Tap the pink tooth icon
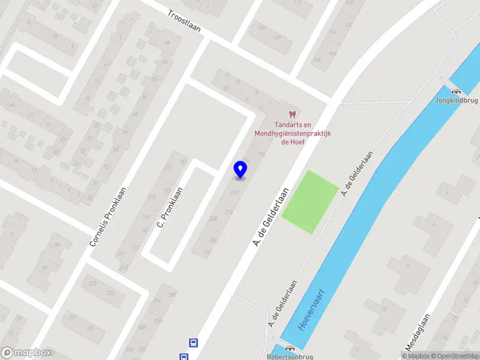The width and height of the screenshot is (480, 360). coord(293,114)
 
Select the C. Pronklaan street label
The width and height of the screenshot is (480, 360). coord(170,207)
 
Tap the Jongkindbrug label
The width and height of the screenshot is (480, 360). coord(455,100)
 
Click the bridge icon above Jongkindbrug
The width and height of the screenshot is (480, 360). coord(456,92)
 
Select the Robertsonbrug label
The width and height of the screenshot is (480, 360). coord(290,356)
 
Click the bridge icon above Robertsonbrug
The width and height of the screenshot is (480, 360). coord(291,347)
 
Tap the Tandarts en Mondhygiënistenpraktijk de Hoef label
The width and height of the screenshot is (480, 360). coord(293,134)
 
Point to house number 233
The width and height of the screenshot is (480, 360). coord(110,293)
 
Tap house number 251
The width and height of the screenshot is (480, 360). coord(91,328)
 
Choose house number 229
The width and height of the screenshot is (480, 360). coord(92,283)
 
